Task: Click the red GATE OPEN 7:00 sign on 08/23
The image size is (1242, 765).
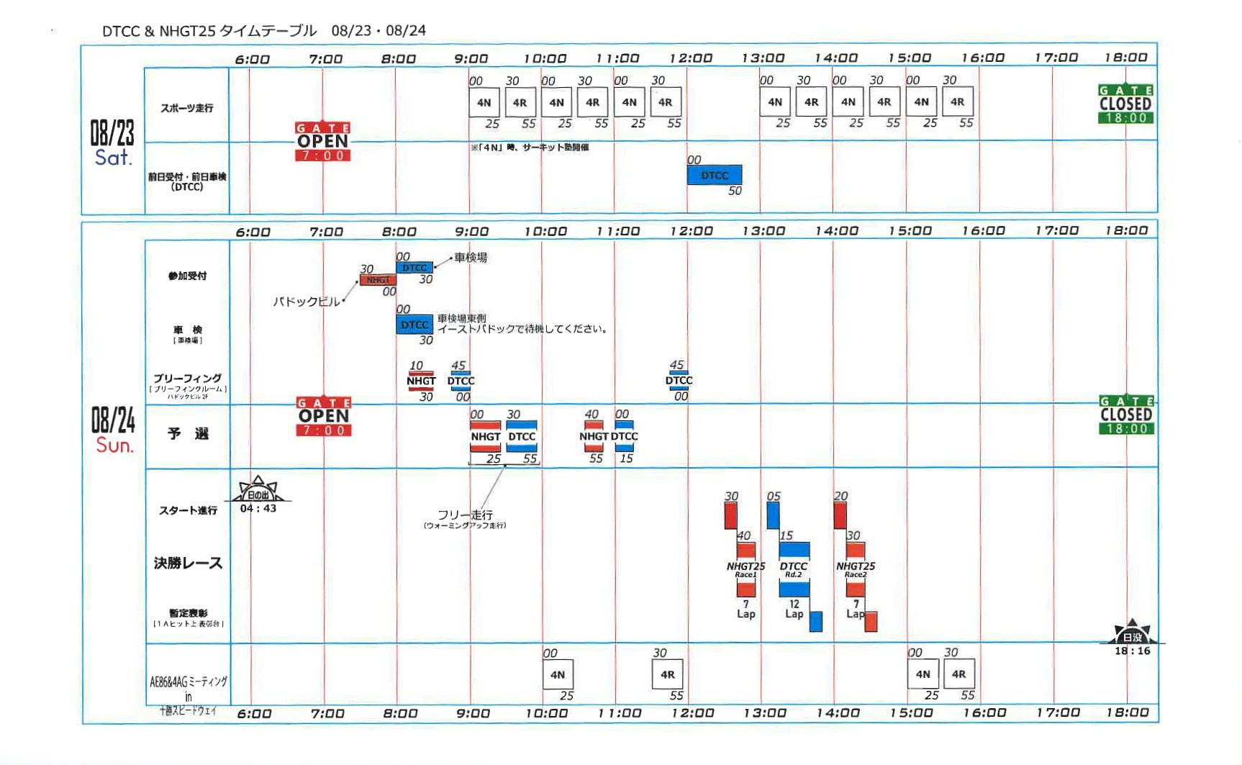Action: tap(322, 142)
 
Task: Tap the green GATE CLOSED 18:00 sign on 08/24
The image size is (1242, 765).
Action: tap(1126, 415)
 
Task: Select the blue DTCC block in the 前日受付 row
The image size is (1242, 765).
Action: tap(714, 176)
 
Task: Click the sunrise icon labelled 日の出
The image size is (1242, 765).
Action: tap(258, 490)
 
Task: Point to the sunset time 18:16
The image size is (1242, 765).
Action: tap(1133, 651)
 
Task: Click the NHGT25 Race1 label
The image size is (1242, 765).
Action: tap(745, 569)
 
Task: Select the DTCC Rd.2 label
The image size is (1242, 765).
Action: tap(794, 569)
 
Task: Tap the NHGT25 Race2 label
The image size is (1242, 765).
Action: tap(856, 569)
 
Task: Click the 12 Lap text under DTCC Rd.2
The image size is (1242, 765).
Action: tap(794, 609)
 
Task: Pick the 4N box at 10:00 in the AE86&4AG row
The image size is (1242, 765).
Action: tap(558, 675)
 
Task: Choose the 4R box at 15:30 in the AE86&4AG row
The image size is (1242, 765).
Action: tap(958, 674)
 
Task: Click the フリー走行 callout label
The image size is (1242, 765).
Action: tap(465, 515)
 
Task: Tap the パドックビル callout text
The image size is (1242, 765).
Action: tap(306, 302)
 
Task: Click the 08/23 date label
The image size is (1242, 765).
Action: tap(112, 132)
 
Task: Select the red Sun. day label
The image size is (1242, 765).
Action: tap(114, 445)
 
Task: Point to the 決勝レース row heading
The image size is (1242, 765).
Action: tap(188, 563)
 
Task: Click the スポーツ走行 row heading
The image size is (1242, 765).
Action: tap(187, 108)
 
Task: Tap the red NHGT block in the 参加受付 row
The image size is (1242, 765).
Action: tap(378, 280)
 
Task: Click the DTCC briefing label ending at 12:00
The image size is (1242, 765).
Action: tap(679, 381)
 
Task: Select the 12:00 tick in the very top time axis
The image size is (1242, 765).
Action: tap(691, 58)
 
